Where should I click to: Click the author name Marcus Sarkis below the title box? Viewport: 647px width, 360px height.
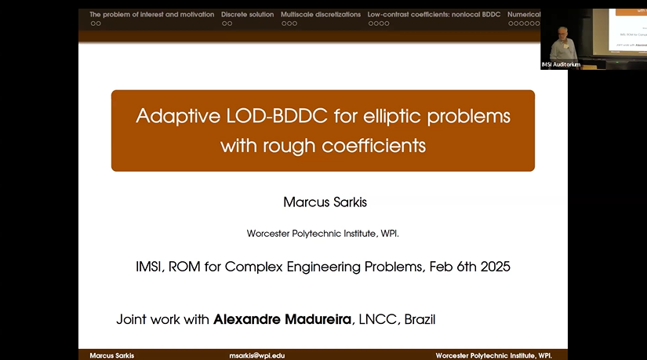click(x=325, y=202)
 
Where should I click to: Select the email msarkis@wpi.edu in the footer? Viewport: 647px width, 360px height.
click(x=256, y=355)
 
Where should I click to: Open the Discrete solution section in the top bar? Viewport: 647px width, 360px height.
click(x=248, y=14)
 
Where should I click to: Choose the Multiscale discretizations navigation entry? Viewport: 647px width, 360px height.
click(x=321, y=14)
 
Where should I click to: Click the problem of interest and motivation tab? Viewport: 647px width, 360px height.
click(x=152, y=14)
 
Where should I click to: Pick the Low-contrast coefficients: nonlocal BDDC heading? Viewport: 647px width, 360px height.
click(x=434, y=14)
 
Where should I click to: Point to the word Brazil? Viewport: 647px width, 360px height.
click(x=416, y=319)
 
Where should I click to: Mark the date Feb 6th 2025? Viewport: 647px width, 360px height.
click(x=470, y=267)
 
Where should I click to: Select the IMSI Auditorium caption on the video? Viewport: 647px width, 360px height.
click(x=562, y=64)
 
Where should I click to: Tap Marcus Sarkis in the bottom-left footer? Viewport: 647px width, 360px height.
click(x=111, y=355)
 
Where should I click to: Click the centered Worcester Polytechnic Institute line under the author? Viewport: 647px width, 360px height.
click(x=323, y=233)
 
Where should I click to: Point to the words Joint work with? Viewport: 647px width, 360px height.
click(x=163, y=319)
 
